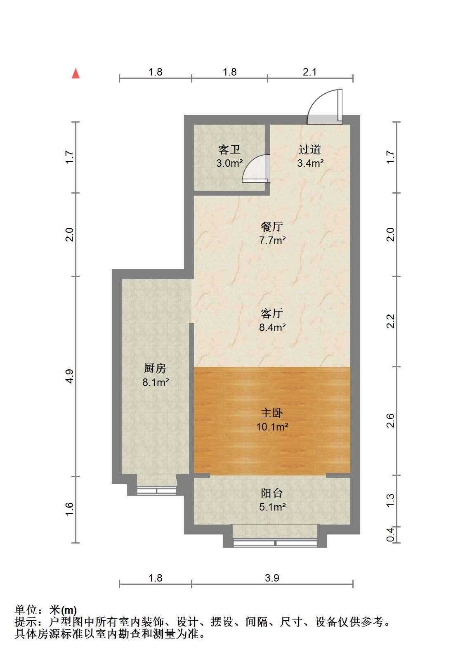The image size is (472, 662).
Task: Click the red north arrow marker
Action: tap(76, 73)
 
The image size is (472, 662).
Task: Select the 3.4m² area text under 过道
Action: tap(310, 163)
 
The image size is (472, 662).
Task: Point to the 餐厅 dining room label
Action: tap(272, 227)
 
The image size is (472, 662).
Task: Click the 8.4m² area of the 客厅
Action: tap(272, 327)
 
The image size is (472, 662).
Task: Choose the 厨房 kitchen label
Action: tap(155, 368)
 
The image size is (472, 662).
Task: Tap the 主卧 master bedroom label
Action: tap(272, 413)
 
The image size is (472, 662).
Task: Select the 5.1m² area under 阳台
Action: tap(272, 507)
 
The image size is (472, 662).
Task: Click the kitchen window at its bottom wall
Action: tap(156, 491)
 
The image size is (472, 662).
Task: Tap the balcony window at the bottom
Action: tap(275, 543)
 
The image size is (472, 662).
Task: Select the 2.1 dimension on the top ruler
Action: tap(309, 72)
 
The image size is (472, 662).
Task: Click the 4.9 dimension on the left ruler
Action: tap(69, 376)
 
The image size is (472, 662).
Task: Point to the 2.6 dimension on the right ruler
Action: tap(390, 420)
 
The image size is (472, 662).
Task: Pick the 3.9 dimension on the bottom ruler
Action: tap(272, 578)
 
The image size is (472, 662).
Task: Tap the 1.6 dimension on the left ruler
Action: tap(69, 509)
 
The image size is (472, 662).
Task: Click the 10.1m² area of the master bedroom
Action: tap(272, 427)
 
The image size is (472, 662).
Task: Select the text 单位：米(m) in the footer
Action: tap(46, 610)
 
